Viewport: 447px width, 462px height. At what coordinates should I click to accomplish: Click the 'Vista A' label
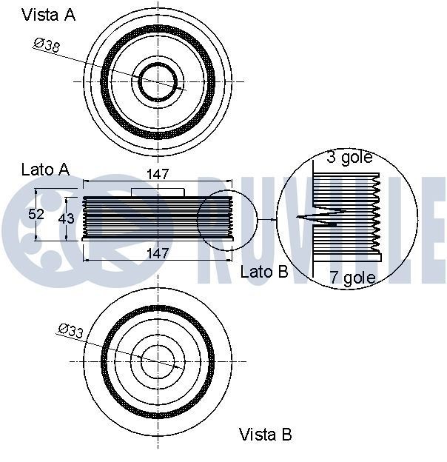(x=48, y=14)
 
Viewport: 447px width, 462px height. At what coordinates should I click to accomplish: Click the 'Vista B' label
(x=265, y=434)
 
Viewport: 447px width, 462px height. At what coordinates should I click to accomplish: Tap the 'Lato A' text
(x=45, y=170)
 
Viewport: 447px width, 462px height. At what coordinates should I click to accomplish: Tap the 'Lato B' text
(x=263, y=272)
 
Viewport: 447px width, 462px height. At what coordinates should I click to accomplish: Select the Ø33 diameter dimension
(x=70, y=331)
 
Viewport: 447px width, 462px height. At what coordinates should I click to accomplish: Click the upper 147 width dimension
(x=158, y=175)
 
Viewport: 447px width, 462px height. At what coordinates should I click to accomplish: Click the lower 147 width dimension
(x=158, y=252)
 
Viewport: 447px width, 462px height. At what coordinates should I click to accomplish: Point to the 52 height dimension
(x=37, y=215)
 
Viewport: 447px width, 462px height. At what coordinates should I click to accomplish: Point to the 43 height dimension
(x=67, y=218)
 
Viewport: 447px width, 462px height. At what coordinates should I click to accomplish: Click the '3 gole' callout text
(x=349, y=157)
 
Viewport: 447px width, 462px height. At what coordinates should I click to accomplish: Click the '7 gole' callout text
(x=352, y=278)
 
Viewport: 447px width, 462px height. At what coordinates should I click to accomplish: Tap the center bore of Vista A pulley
(x=158, y=81)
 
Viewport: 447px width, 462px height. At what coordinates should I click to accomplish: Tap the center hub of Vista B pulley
(x=158, y=361)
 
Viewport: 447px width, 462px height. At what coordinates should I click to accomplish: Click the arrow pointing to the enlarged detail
(x=266, y=220)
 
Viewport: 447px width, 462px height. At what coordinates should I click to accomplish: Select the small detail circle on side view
(x=226, y=218)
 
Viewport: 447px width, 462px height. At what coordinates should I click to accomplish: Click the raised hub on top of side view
(x=158, y=192)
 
